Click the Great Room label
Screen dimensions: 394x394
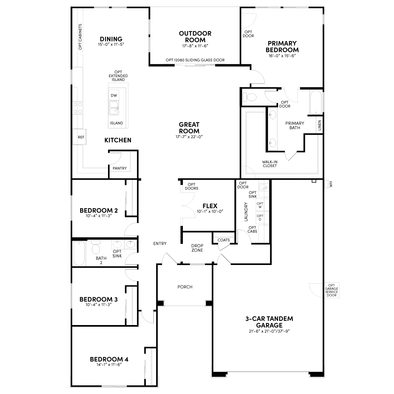[189, 128]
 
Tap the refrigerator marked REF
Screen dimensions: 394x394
[79, 137]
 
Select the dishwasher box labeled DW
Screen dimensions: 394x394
[114, 95]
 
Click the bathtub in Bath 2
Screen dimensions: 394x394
[79, 253]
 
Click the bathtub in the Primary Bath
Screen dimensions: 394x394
[316, 102]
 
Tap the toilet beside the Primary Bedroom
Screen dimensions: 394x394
[249, 97]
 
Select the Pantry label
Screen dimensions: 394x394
[120, 168]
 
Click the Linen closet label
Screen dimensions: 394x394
[319, 125]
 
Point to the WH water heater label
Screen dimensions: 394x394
[331, 184]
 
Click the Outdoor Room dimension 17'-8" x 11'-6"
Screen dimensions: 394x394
[195, 46]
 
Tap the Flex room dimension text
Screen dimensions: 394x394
[210, 211]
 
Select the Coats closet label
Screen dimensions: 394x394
[224, 240]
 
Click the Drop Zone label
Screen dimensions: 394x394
[197, 248]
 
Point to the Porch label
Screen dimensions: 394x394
[185, 287]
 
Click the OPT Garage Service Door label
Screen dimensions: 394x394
[331, 290]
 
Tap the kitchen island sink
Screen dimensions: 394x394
[114, 108]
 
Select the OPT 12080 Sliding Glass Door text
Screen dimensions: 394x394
[195, 60]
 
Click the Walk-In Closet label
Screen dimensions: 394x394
[270, 164]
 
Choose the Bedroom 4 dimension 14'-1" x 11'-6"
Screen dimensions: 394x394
[109, 364]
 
